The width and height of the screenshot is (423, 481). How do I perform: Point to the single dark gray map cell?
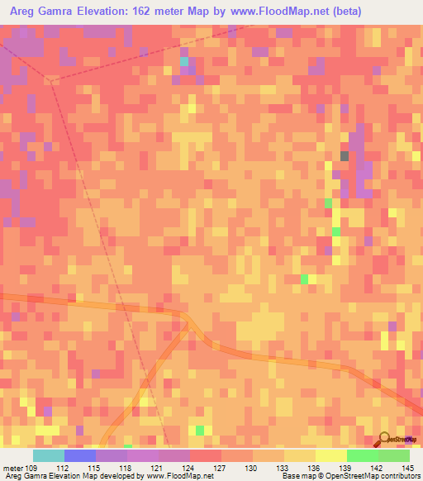pyautogui.click(x=345, y=155)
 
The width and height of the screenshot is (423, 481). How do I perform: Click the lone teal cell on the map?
pyautogui.click(x=183, y=62)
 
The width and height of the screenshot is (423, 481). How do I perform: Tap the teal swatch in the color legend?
pyautogui.click(x=48, y=455)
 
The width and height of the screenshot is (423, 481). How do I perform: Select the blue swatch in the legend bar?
pyautogui.click(x=80, y=455)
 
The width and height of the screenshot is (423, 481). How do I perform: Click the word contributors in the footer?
pyautogui.click(x=397, y=476)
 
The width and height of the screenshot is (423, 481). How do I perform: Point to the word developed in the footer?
pyautogui.click(x=121, y=476)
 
